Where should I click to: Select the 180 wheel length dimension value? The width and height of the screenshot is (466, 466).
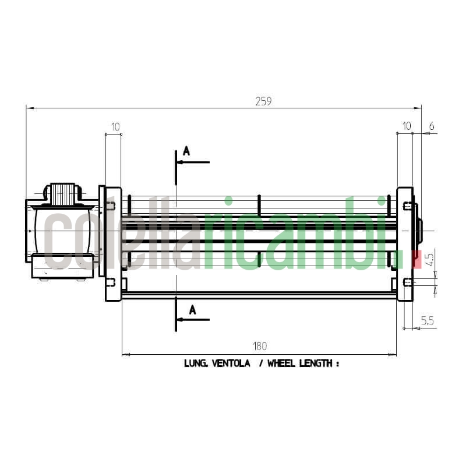(x=260, y=346)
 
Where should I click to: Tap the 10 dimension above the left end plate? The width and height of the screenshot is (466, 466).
(x=115, y=126)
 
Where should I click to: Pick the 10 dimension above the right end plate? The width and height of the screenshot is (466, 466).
(x=406, y=126)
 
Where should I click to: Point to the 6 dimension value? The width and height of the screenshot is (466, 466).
(x=432, y=126)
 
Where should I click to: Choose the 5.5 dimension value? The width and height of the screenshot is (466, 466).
(x=428, y=320)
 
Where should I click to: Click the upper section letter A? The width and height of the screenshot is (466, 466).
(x=186, y=151)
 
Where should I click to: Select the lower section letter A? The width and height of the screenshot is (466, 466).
(x=192, y=310)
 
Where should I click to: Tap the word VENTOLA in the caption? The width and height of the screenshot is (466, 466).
(x=231, y=363)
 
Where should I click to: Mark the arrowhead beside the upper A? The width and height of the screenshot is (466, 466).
(x=180, y=162)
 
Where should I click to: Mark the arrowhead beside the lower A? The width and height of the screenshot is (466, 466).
(x=180, y=320)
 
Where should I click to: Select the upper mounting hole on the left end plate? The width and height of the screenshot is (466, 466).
(x=110, y=206)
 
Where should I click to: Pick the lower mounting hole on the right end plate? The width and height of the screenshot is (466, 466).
(x=408, y=283)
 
